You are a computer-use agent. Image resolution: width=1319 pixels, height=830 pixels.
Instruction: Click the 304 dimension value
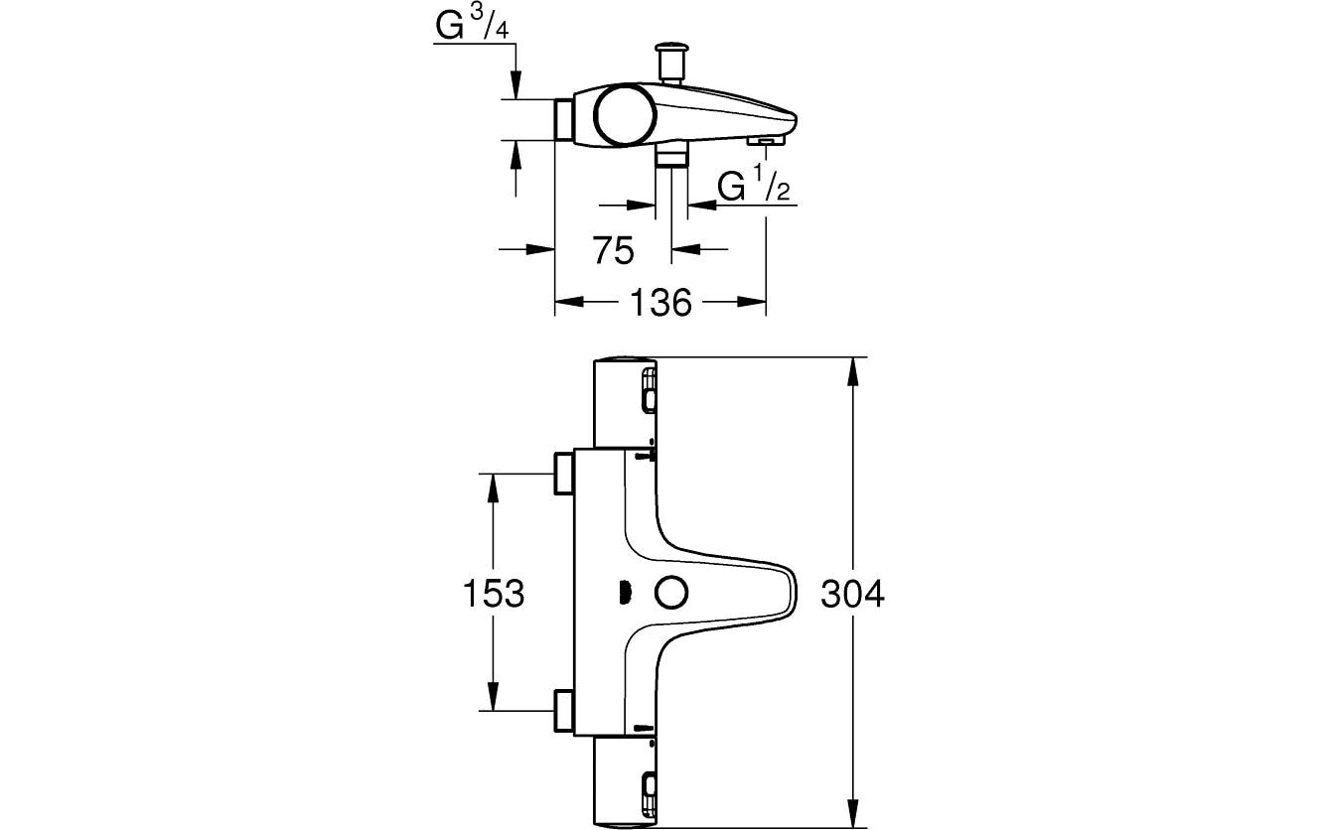click(x=852, y=594)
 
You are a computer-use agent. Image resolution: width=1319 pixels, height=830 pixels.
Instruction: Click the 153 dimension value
click(x=494, y=594)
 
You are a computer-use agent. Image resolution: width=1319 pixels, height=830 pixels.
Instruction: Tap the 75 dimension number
click(x=614, y=251)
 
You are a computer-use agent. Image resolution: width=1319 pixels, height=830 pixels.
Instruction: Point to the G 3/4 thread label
click(x=472, y=28)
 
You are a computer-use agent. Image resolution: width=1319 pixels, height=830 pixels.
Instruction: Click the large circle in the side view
click(x=625, y=116)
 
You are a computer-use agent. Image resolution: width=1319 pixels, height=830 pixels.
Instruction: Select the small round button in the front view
click(x=670, y=593)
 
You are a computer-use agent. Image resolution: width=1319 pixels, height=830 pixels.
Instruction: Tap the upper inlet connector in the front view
click(x=564, y=474)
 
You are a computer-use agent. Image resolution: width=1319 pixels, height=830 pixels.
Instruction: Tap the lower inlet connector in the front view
click(x=564, y=712)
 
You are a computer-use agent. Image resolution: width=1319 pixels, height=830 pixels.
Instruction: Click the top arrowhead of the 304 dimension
click(x=852, y=370)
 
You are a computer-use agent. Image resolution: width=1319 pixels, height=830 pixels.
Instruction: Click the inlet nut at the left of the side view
click(x=563, y=120)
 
